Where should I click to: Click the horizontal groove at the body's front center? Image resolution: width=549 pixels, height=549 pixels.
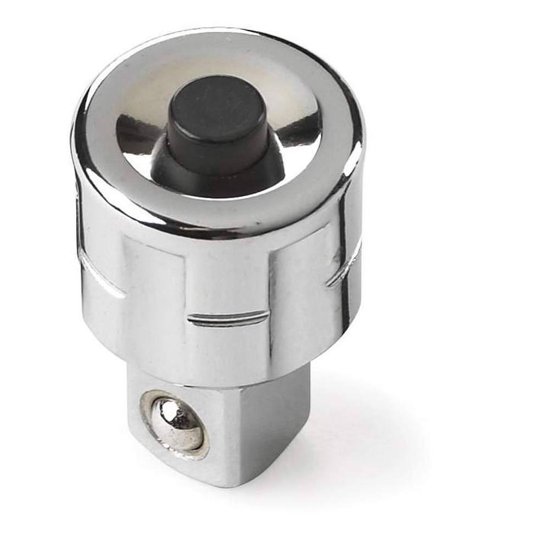[x=228, y=318]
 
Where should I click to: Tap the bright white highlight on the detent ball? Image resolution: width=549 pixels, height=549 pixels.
[x=167, y=410]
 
